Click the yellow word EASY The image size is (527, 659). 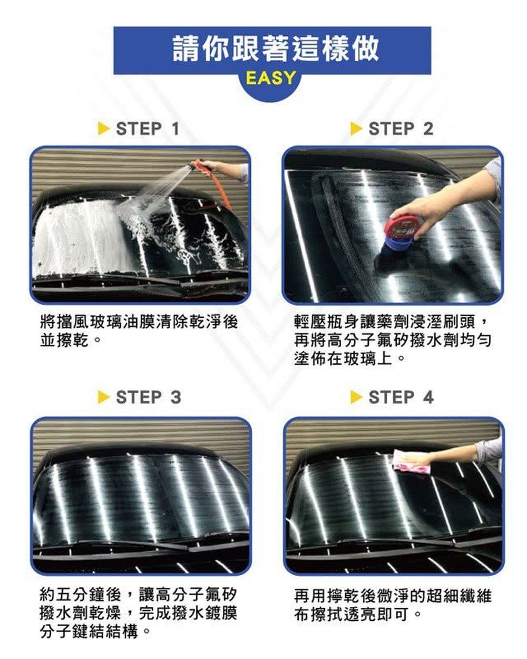[x=270, y=78]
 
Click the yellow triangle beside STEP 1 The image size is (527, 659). [x=103, y=129]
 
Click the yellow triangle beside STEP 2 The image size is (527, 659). [x=356, y=129]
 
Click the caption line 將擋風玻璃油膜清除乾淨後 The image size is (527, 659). [x=139, y=322]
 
